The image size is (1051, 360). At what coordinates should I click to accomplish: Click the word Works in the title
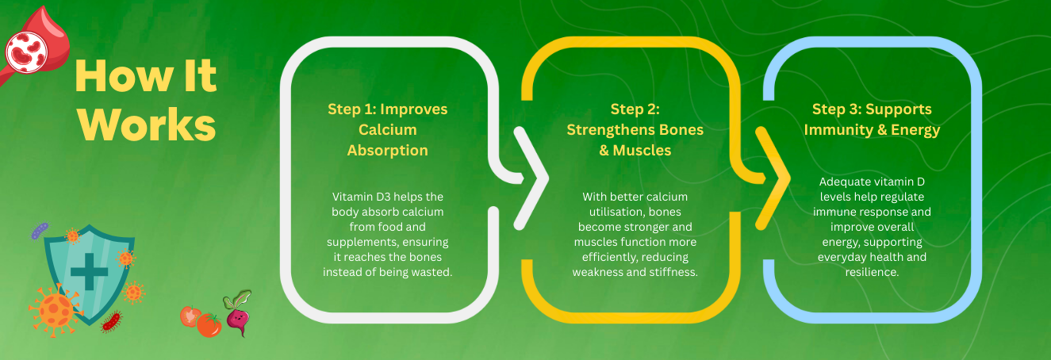147,124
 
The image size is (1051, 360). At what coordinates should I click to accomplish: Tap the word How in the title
124,76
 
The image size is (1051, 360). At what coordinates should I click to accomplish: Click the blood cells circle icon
26,52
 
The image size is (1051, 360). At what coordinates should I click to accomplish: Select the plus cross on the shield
89,271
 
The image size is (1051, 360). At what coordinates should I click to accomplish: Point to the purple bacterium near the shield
40,231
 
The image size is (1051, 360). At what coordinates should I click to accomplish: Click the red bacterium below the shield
112,322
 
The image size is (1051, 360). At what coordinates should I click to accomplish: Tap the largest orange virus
55,310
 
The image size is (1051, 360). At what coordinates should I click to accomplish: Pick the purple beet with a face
238,313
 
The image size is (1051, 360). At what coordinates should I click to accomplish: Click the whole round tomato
209,325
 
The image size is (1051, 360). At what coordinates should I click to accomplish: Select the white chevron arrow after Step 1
531,178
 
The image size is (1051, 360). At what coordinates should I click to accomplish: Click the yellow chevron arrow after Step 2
773,178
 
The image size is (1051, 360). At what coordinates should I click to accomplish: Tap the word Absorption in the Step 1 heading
388,151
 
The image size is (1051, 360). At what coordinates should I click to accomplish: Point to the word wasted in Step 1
432,272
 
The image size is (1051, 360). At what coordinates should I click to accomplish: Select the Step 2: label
635,109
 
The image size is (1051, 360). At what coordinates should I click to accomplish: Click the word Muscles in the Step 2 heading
642,151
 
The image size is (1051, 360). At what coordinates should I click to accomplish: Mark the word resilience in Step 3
873,272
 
